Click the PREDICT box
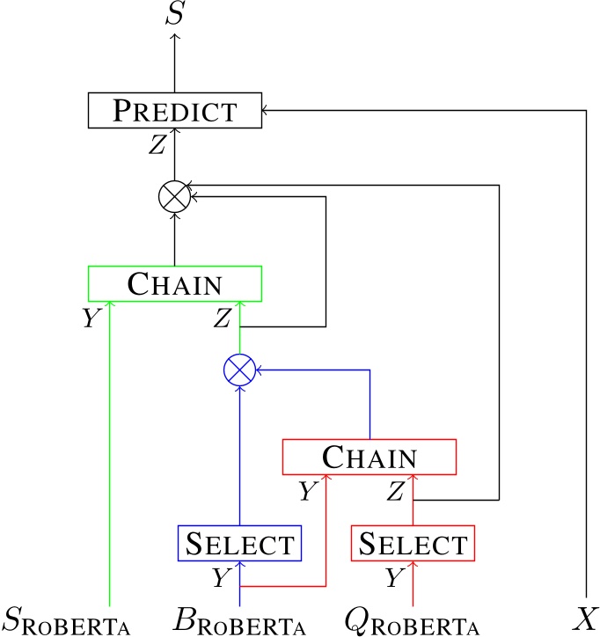tap(175, 110)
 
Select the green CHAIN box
tap(175, 283)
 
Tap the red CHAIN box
tap(369, 457)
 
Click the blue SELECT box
tap(239, 543)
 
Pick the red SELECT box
tap(413, 543)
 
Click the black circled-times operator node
tap(175, 196)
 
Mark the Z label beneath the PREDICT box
tap(157, 145)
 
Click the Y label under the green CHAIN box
tap(90, 318)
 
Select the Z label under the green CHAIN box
tap(222, 318)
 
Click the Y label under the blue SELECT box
tap(221, 578)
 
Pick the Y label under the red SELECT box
tap(394, 578)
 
